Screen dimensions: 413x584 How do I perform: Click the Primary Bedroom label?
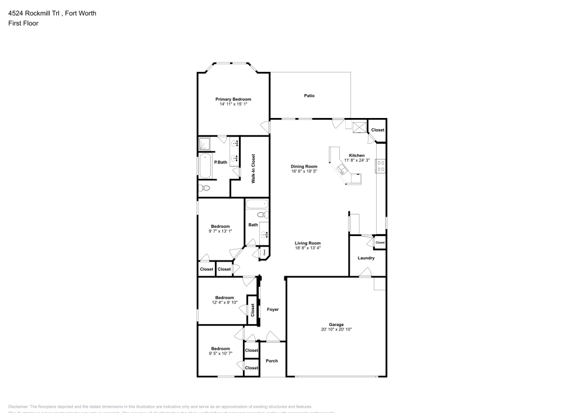click(x=233, y=99)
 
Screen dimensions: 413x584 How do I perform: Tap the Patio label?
click(x=309, y=95)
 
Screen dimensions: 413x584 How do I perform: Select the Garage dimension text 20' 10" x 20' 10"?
click(x=336, y=329)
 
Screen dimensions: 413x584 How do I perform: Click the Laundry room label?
click(x=366, y=258)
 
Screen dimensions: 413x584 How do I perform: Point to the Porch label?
click(x=272, y=360)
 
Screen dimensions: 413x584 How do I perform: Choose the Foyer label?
click(x=273, y=309)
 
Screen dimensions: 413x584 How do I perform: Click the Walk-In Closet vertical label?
click(x=253, y=169)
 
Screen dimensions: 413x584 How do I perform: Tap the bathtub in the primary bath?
click(x=204, y=166)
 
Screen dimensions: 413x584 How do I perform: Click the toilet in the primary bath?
click(x=204, y=188)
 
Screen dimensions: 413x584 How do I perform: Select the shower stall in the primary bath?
click(x=205, y=144)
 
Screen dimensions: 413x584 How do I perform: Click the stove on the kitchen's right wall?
click(x=380, y=166)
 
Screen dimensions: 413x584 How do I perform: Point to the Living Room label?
click(x=308, y=243)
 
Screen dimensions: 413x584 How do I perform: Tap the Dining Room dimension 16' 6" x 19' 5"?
click(x=304, y=172)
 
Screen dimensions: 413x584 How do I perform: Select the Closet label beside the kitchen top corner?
click(x=378, y=130)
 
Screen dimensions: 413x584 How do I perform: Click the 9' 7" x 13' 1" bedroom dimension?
click(x=220, y=231)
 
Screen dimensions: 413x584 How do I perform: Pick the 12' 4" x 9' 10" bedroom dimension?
click(x=224, y=302)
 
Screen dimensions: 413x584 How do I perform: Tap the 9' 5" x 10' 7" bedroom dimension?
click(x=220, y=353)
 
